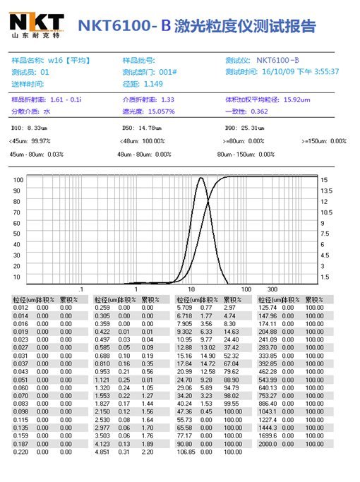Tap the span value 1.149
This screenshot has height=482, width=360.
(x=154, y=83)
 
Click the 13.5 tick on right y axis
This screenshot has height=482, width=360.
(x=327, y=191)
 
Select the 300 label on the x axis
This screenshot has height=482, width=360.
(x=272, y=289)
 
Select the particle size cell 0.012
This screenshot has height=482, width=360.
(x=20, y=308)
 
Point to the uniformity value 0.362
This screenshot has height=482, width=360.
(x=259, y=111)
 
